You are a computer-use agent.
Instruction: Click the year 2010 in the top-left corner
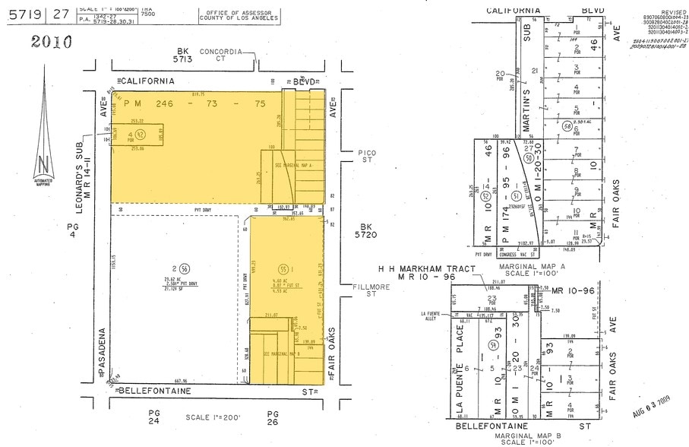tap(52, 41)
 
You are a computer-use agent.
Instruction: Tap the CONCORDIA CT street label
tap(221, 55)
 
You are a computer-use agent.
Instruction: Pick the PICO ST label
tap(367, 156)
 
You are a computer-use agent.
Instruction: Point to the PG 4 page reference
tap(72, 230)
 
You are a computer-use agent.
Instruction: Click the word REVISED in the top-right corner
tap(672, 13)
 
